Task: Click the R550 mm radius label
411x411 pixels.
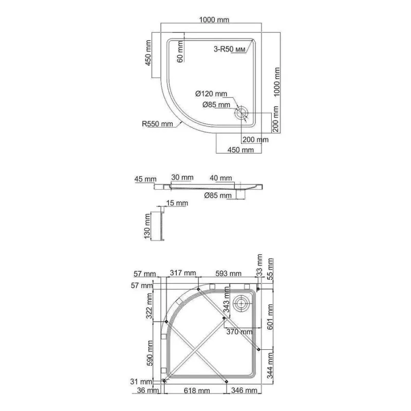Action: pyautogui.click(x=157, y=123)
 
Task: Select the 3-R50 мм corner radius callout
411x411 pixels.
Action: pyautogui.click(x=229, y=49)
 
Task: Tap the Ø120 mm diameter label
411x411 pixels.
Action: pyautogui.click(x=211, y=94)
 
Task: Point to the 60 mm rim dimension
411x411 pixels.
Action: pyautogui.click(x=180, y=52)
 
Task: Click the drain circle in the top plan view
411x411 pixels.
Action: pyautogui.click(x=241, y=114)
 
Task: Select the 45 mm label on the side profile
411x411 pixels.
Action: pyautogui.click(x=145, y=179)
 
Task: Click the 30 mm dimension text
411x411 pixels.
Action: pyautogui.click(x=182, y=177)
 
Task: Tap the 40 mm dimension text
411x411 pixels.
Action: pyautogui.click(x=221, y=178)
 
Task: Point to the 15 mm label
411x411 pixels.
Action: pyautogui.click(x=177, y=203)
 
